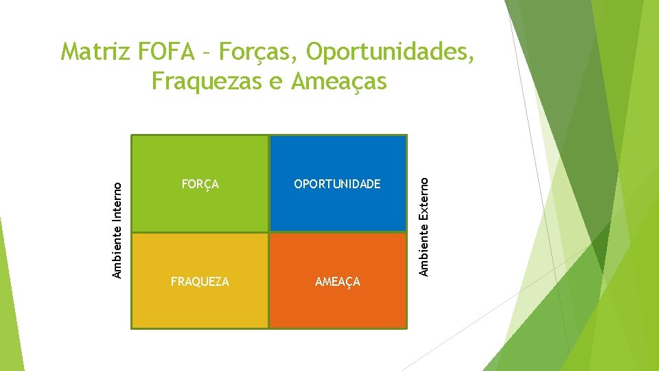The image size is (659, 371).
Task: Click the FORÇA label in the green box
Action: pyautogui.click(x=200, y=184)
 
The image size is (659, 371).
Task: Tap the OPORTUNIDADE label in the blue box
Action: pyautogui.click(x=337, y=184)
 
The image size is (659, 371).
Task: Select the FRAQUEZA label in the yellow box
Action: pyautogui.click(x=200, y=282)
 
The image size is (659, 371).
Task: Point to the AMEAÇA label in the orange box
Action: pyautogui.click(x=337, y=282)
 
